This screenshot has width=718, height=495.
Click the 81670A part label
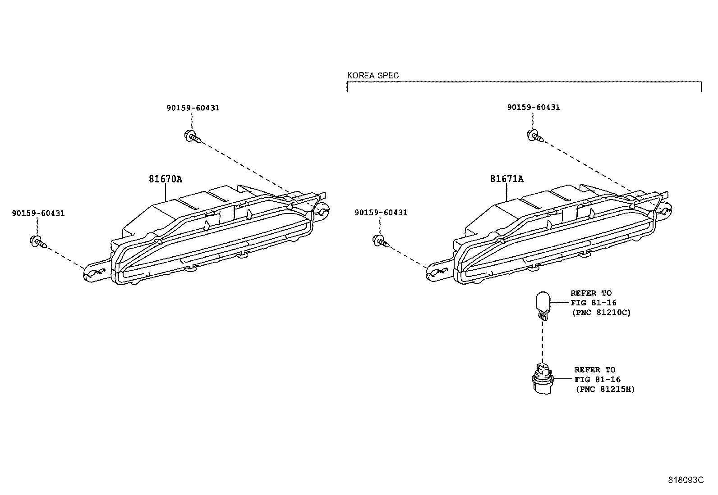point(166,179)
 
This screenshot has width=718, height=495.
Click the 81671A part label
point(507,179)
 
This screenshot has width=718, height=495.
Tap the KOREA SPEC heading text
point(373,76)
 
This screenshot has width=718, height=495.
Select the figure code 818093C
point(686,480)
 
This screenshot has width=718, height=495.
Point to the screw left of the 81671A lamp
point(381,241)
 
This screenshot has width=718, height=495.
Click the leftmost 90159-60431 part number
point(38,213)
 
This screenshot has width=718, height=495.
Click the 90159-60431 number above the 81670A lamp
point(193,108)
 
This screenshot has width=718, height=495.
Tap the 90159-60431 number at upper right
point(533,107)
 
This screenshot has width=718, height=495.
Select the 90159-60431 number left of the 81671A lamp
point(381,212)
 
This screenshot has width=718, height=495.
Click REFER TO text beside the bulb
point(591,293)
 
